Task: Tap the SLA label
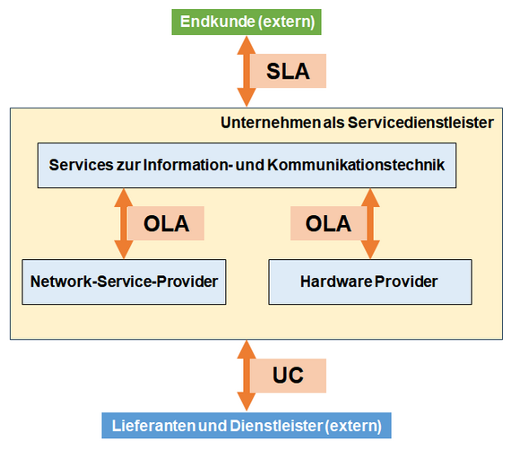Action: [288, 72]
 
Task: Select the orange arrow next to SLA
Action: [243, 72]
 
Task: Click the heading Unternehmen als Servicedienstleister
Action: [357, 122]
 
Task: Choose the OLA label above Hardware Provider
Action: [328, 223]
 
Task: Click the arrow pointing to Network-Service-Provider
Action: [119, 223]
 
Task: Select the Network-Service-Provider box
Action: [124, 281]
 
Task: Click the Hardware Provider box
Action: [369, 281]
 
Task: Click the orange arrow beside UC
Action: [243, 375]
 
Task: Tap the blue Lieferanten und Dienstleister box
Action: [246, 425]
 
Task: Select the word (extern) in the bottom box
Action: [352, 425]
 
